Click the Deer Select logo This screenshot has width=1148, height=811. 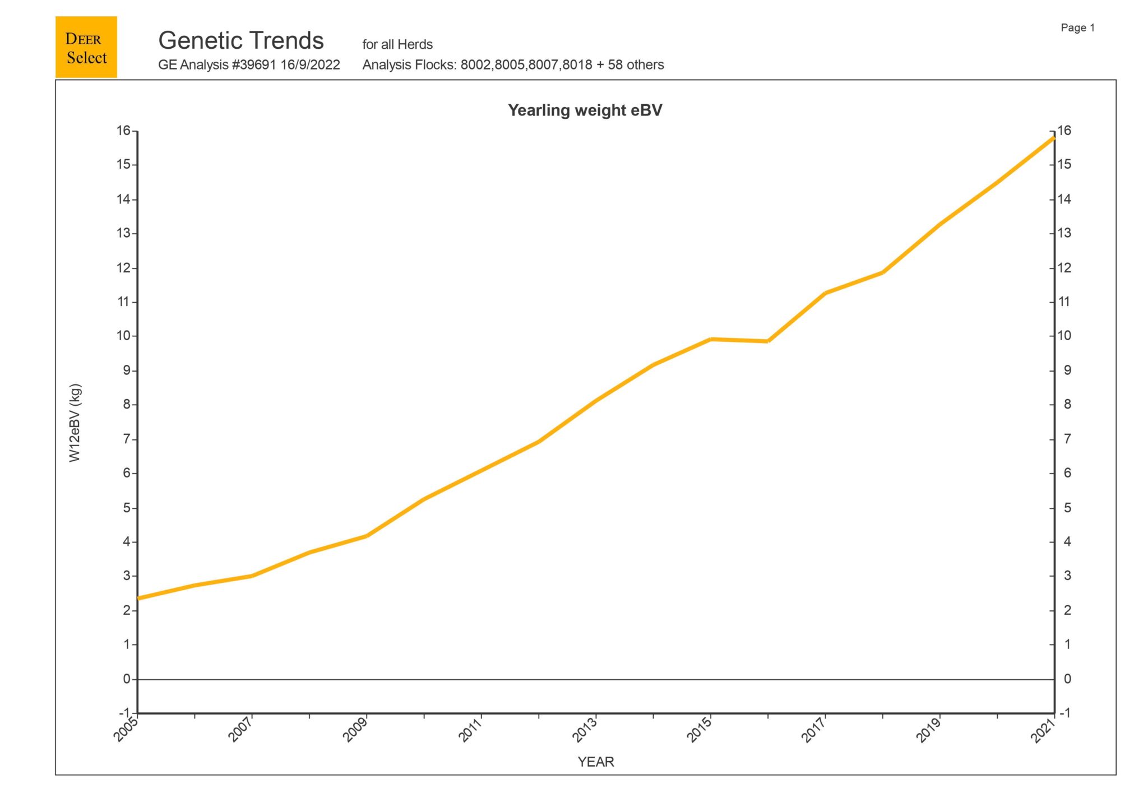point(86,47)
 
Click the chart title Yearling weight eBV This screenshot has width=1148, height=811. point(585,110)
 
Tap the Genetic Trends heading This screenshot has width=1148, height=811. point(241,41)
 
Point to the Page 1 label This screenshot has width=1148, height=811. point(1077,28)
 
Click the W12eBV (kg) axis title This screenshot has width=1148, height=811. point(75,423)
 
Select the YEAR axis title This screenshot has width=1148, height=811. point(595,762)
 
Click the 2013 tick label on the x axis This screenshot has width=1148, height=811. point(585,729)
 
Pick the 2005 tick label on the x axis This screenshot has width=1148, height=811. point(127,729)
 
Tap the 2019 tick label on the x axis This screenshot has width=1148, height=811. point(929,729)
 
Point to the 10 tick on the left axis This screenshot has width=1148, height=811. point(123,336)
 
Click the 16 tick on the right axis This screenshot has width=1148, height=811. point(1064,131)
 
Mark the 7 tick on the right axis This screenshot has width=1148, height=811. point(1067,439)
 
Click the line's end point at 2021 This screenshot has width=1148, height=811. point(1054,137)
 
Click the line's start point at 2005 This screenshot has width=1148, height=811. point(138,598)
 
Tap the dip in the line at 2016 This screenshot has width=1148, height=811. point(767,341)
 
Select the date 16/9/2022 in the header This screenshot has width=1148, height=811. point(310,65)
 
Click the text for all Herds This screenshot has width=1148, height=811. point(397,44)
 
